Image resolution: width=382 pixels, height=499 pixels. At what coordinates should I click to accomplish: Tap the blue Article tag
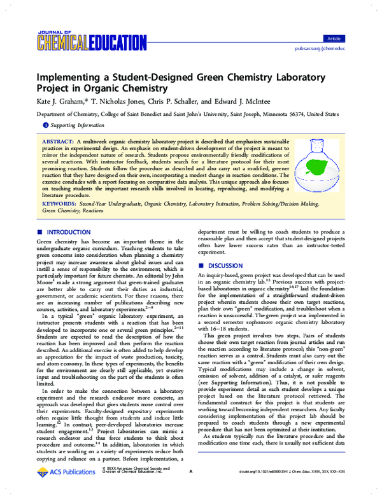tap(332, 39)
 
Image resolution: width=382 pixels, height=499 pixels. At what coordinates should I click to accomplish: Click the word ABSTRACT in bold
tap(58, 139)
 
